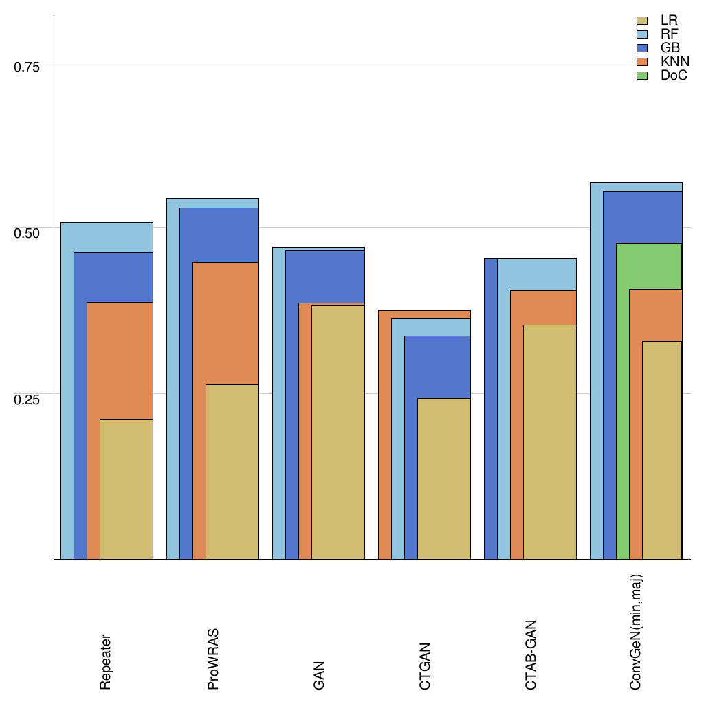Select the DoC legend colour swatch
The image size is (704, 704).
[x=643, y=76]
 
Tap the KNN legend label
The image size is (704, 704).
[x=674, y=62]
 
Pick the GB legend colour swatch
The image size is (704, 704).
[x=643, y=48]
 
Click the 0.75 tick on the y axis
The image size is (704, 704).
[x=27, y=67]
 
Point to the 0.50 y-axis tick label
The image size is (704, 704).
[x=27, y=233]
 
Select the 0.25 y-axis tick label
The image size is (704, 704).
[x=27, y=399]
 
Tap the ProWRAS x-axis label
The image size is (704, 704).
[x=212, y=659]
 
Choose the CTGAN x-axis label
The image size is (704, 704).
[x=425, y=666]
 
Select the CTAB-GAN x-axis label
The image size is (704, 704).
[x=531, y=655]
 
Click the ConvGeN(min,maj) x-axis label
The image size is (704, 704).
[x=637, y=632]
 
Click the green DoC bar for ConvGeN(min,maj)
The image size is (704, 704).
[x=622, y=412]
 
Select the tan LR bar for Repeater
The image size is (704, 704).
[x=126, y=489]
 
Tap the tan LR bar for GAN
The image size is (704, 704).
[x=338, y=433]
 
